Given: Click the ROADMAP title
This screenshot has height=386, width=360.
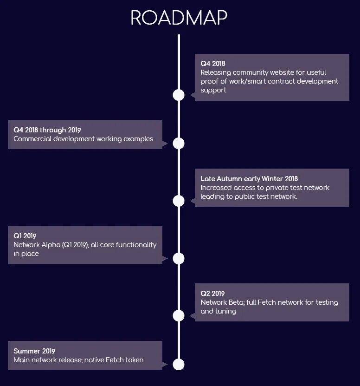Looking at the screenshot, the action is click(179, 18).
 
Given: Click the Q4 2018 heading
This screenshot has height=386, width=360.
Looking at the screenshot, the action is click(212, 63).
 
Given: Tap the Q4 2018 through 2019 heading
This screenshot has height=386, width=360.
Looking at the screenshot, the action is click(47, 130).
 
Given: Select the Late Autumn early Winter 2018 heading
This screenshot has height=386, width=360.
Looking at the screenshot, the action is click(249, 178).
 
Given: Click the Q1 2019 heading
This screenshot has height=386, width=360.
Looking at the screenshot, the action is click(25, 236).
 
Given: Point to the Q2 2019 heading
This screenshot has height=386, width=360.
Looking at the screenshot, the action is click(212, 293).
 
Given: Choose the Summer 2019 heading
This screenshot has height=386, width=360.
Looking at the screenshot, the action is click(34, 351).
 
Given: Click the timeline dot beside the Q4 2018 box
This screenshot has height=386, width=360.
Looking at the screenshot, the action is click(179, 95).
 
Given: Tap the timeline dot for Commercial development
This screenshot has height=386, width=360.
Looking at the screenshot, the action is click(179, 143).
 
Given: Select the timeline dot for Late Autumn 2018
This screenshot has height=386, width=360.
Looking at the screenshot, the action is click(179, 201).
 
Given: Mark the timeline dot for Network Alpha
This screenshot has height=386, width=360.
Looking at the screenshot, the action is click(179, 258).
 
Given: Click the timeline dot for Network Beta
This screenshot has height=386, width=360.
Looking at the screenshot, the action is click(179, 316).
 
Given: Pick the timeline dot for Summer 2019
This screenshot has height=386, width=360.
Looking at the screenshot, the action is click(179, 364).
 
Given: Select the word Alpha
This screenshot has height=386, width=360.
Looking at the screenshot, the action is click(51, 245).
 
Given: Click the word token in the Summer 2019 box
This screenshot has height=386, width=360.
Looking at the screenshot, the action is click(134, 360).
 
